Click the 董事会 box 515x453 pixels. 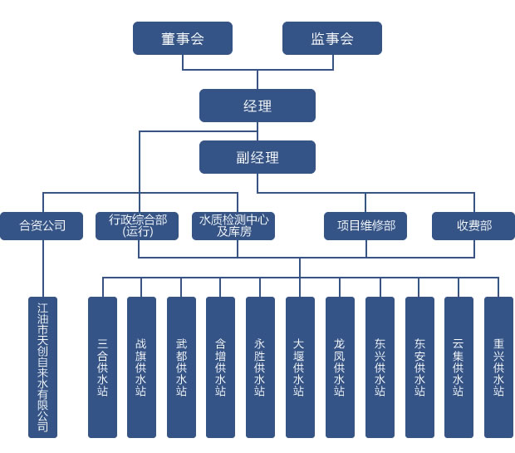click(183, 38)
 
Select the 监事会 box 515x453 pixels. click(332, 38)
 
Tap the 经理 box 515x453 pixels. click(257, 106)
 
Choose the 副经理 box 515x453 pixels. click(257, 157)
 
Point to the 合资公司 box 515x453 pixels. click(42, 226)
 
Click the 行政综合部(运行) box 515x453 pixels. click(137, 226)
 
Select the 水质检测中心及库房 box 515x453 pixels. click(233, 226)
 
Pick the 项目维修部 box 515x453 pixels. click(365, 226)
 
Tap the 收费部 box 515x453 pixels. click(473, 226)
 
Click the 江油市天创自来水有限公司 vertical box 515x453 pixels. click(42, 367)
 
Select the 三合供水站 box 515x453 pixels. click(102, 367)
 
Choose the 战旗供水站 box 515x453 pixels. click(141, 367)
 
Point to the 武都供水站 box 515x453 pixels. click(181, 367)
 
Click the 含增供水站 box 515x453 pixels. click(220, 367)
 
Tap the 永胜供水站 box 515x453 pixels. click(260, 367)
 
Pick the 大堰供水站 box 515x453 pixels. click(300, 367)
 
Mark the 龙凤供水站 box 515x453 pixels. click(340, 367)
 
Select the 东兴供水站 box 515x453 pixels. click(380, 367)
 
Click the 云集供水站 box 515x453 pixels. click(459, 367)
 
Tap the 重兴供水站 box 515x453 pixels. click(498, 367)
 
